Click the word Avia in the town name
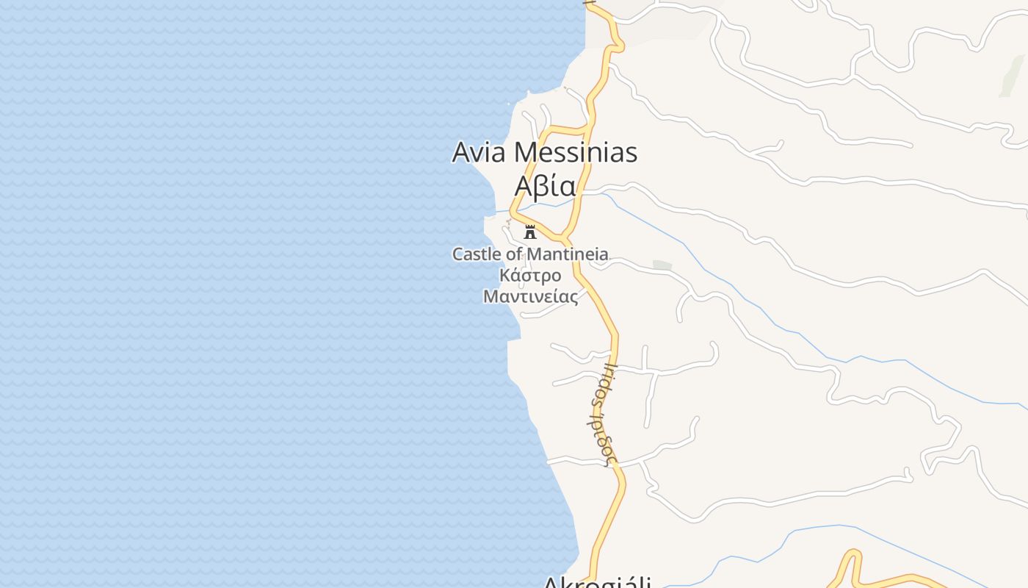click(479, 153)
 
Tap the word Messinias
click(576, 153)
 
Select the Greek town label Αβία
click(545, 187)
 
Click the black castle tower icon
click(530, 232)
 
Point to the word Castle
click(477, 254)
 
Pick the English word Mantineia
click(570, 254)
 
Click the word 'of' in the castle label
click(515, 254)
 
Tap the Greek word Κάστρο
click(530, 276)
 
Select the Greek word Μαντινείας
click(530, 296)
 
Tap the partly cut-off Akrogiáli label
click(597, 583)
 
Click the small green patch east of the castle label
click(662, 265)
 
